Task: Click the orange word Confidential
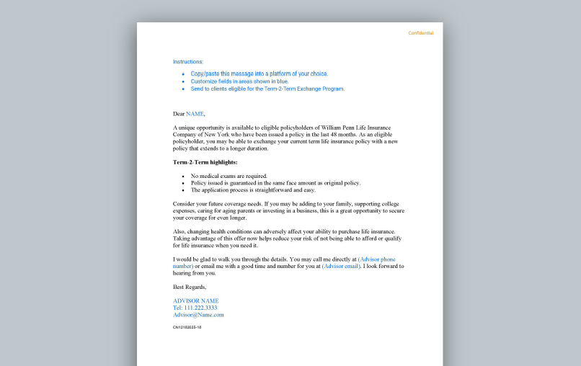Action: click(x=420, y=33)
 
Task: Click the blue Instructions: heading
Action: click(x=188, y=62)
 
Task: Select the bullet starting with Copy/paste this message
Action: click(x=259, y=73)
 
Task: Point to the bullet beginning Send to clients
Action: click(x=267, y=89)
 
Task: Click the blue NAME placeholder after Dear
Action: click(x=195, y=114)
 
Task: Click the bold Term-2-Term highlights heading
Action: click(x=205, y=162)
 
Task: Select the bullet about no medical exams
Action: click(x=229, y=176)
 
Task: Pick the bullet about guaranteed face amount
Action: click(x=275, y=183)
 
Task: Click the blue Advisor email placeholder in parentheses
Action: click(x=341, y=266)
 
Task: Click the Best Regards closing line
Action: click(x=189, y=287)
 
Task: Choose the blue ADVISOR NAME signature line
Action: click(x=195, y=300)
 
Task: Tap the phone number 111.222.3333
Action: click(x=200, y=308)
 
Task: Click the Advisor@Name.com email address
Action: click(x=198, y=315)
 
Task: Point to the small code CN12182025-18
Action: click(x=187, y=327)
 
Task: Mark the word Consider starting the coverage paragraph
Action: click(x=185, y=204)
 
